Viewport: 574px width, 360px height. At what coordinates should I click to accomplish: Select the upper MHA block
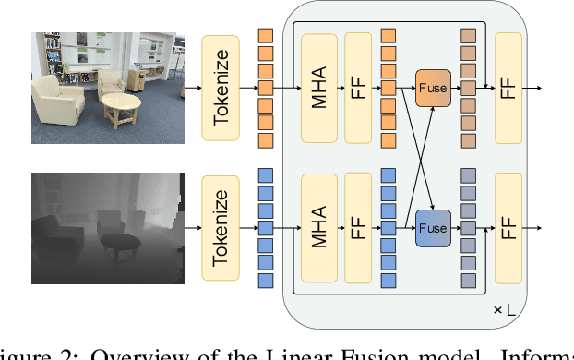pos(318,88)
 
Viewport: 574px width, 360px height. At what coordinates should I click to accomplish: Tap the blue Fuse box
pos(432,227)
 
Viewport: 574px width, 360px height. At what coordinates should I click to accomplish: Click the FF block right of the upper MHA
pos(358,88)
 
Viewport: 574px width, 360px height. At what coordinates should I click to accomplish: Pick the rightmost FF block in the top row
pos(508,88)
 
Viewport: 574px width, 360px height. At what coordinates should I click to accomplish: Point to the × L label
pos(504,310)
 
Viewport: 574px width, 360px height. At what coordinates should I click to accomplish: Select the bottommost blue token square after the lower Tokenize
pos(266,280)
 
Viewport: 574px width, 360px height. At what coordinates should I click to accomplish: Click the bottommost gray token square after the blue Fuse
pos(469,280)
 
